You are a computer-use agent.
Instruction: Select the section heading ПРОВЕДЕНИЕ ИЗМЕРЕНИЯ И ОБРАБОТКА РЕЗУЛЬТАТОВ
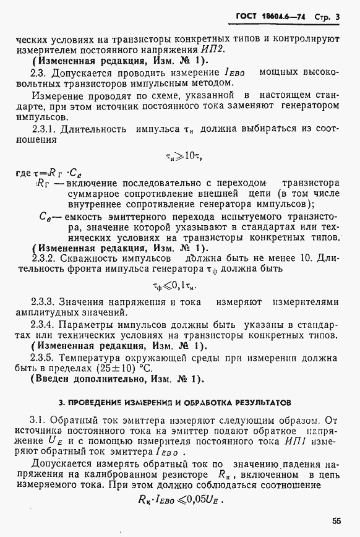(x=180, y=402)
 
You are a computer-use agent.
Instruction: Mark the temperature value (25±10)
(x=124, y=368)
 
